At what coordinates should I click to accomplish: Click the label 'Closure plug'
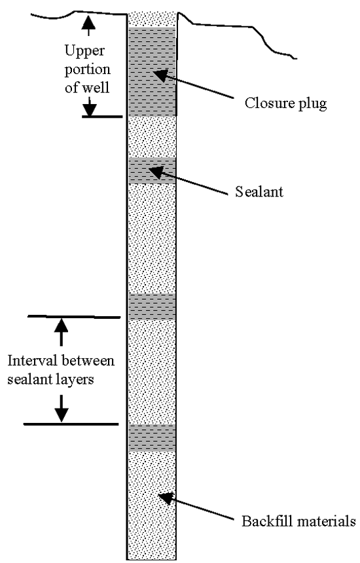coord(285,104)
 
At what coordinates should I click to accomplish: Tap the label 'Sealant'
coord(259,192)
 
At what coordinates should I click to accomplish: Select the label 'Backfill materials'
coord(298,520)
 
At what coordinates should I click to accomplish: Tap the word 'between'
coord(86,361)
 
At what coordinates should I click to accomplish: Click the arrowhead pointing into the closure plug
coord(160,75)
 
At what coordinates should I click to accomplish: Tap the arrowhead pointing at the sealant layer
coord(156,172)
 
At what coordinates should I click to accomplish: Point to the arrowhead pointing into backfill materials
coord(166,498)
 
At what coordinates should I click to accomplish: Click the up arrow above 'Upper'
coord(88,24)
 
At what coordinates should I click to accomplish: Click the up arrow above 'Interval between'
coord(62,332)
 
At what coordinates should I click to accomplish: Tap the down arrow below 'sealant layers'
coord(62,409)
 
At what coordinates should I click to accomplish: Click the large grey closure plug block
coord(153,71)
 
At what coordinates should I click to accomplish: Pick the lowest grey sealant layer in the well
coord(153,438)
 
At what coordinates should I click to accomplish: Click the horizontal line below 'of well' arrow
coord(102,117)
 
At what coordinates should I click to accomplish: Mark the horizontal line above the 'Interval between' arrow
coord(74,317)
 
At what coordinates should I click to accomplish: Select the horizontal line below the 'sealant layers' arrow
coord(71,424)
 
